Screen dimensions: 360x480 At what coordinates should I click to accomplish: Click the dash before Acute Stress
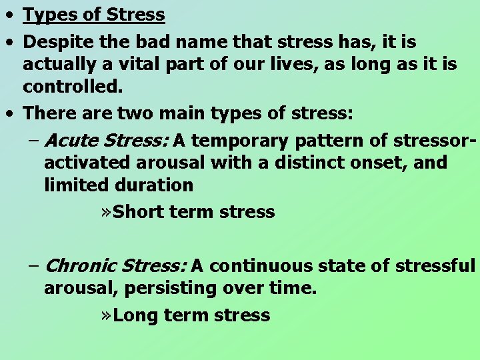coord(34,141)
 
